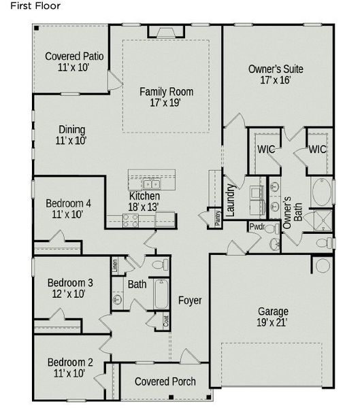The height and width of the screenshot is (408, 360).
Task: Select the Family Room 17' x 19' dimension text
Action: pyautogui.click(x=166, y=103)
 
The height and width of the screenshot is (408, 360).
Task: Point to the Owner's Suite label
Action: pyautogui.click(x=276, y=69)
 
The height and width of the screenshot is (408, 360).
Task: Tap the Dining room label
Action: pyautogui.click(x=71, y=129)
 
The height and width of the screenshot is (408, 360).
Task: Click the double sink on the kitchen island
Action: pyautogui.click(x=151, y=184)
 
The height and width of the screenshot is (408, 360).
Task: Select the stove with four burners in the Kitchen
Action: pyautogui.click(x=130, y=220)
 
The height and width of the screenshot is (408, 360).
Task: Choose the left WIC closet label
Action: pyautogui.click(x=265, y=148)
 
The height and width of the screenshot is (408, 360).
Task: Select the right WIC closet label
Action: pyautogui.click(x=318, y=148)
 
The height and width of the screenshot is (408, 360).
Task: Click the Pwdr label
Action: pyautogui.click(x=257, y=227)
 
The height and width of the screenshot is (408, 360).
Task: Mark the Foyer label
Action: pyautogui.click(x=190, y=300)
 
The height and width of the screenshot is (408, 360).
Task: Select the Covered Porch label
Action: pyautogui.click(x=165, y=381)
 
